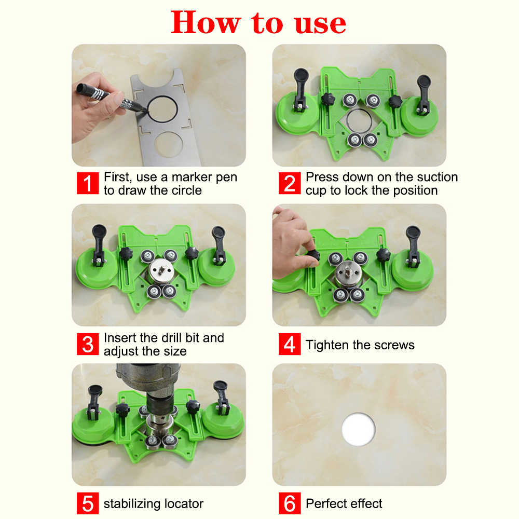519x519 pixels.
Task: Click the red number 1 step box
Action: pyautogui.click(x=88, y=183)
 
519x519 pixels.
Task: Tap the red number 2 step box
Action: pyautogui.click(x=290, y=183)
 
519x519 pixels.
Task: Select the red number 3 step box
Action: pyautogui.click(x=88, y=344)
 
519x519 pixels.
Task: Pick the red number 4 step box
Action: pyautogui.click(x=290, y=344)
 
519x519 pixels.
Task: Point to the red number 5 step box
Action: pyautogui.click(x=88, y=503)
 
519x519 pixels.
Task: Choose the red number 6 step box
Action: pyautogui.click(x=290, y=503)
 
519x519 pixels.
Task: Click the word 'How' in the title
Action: pyautogui.click(x=206, y=22)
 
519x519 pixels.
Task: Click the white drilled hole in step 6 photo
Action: pyautogui.click(x=359, y=429)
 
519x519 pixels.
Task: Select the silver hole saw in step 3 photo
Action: pyautogui.click(x=161, y=271)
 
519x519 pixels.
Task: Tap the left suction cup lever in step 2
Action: pyautogui.click(x=301, y=87)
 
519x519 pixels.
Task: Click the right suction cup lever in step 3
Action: pyautogui.click(x=218, y=244)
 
